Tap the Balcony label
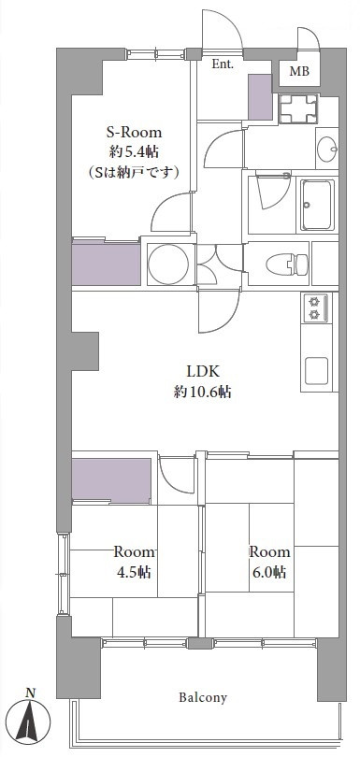pos(203,697)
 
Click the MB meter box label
pos(299,72)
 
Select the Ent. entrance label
pos(223,64)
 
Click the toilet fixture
pos(286,264)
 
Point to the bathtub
pos(317,205)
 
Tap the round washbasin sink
pos(327,149)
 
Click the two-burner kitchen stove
pos(315,308)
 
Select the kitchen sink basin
pos(316,371)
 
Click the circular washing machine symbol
pos(168,264)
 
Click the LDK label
pos(204,371)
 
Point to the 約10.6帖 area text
pos(203,392)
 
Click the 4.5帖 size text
pos(134,572)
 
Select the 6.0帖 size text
pos(269,572)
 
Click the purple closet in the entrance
pos(261,96)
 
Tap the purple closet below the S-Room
pos(107,264)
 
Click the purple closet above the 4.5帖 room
pos(111,479)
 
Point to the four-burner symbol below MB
pos(298,108)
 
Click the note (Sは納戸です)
pos(134,171)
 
